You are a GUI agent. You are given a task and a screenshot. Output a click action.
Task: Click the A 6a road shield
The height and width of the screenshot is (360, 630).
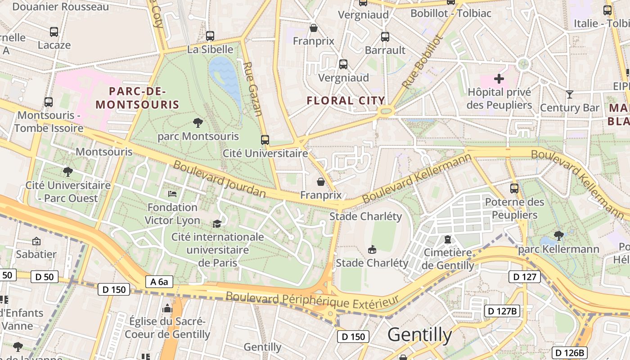[x=159, y=282]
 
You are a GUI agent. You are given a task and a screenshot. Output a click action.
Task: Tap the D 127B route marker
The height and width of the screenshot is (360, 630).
[x=502, y=311]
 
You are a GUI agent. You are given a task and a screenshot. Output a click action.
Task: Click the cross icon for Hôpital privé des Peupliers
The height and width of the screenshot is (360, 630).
[x=499, y=79]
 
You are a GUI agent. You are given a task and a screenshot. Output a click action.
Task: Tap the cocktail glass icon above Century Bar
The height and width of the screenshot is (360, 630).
[x=570, y=94]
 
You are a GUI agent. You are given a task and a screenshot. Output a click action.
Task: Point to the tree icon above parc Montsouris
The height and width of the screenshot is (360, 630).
[x=198, y=122]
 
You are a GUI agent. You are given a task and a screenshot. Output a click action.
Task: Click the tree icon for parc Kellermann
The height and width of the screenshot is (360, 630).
[x=558, y=235]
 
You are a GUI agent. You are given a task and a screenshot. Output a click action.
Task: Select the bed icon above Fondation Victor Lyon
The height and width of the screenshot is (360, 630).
[x=172, y=194]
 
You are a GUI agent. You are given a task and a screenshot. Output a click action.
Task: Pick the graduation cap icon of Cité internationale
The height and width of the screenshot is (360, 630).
[x=217, y=224]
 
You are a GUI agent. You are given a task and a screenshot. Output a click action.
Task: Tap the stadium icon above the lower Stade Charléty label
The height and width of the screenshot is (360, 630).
[x=372, y=249]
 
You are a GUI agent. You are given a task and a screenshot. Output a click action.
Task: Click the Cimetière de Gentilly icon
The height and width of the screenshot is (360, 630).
[x=448, y=239]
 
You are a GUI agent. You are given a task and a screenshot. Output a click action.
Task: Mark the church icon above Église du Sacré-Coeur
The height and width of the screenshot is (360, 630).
[x=167, y=308]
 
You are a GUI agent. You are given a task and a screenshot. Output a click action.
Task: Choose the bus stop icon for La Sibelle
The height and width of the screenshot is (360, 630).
[x=210, y=36]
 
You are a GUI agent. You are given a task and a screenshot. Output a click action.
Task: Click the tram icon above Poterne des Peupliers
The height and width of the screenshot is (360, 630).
[x=514, y=188]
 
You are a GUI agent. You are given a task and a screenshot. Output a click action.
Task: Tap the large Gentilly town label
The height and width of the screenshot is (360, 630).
[x=419, y=335]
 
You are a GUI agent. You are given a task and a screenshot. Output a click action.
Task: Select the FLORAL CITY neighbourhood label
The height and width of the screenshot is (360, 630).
[x=346, y=100]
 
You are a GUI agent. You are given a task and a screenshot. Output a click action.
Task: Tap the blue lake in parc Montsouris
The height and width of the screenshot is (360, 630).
[x=225, y=76]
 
